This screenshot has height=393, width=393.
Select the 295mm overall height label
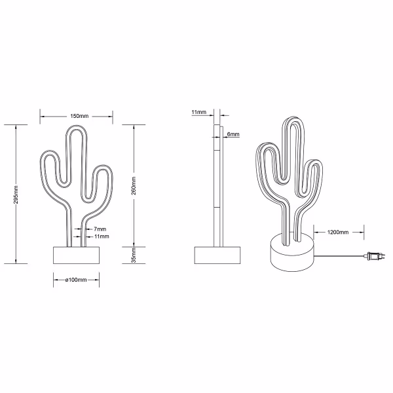[x=16, y=194]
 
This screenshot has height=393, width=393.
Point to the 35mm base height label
[x=134, y=254]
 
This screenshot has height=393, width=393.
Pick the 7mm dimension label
[x=100, y=229]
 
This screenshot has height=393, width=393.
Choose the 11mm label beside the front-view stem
[x=101, y=236]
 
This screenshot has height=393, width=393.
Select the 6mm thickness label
[x=233, y=134]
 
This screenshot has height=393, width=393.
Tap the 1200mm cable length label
[x=337, y=232]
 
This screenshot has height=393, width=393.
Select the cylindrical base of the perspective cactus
[x=292, y=257]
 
